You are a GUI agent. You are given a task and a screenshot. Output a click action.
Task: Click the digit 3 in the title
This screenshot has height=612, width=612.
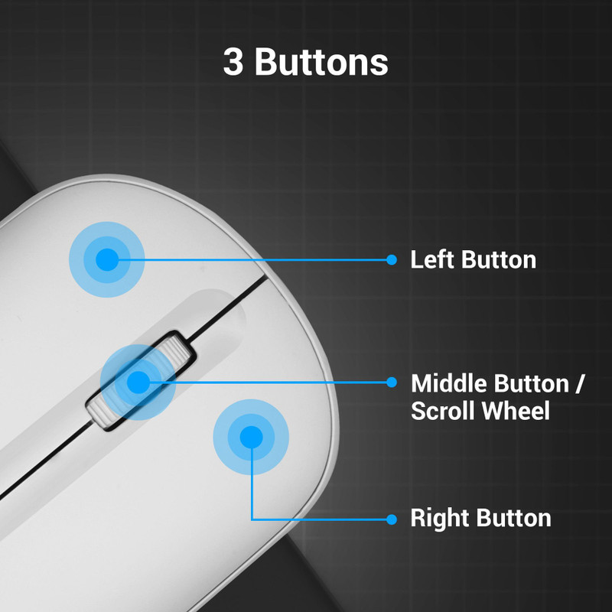coord(233,62)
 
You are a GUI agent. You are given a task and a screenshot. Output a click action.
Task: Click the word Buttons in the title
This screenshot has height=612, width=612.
coord(321,62)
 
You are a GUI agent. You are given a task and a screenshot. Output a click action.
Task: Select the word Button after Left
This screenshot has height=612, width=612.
coord(499,260)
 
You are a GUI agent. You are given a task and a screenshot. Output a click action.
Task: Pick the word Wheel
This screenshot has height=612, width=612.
coord(515,411)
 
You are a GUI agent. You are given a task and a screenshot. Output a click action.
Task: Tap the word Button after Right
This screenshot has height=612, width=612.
coord(513,518)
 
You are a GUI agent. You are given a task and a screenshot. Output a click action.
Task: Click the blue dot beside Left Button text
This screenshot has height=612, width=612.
coord(392,259)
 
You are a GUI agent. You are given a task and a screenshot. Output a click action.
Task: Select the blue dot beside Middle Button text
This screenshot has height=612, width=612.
coord(392,382)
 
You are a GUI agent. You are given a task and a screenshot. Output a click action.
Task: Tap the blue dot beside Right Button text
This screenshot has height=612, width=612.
coord(392,519)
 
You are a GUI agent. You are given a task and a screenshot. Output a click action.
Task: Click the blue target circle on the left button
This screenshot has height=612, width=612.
coord(107,259)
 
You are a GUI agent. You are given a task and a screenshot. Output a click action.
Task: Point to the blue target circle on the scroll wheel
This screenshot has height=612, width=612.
coord(138,382)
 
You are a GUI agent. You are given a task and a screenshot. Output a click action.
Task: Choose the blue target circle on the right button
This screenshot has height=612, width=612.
coord(251,437)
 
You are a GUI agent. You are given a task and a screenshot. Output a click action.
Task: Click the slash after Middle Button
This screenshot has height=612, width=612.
coord(579,384)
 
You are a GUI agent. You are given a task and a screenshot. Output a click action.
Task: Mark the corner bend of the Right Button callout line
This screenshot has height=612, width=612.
coord(252,519)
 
